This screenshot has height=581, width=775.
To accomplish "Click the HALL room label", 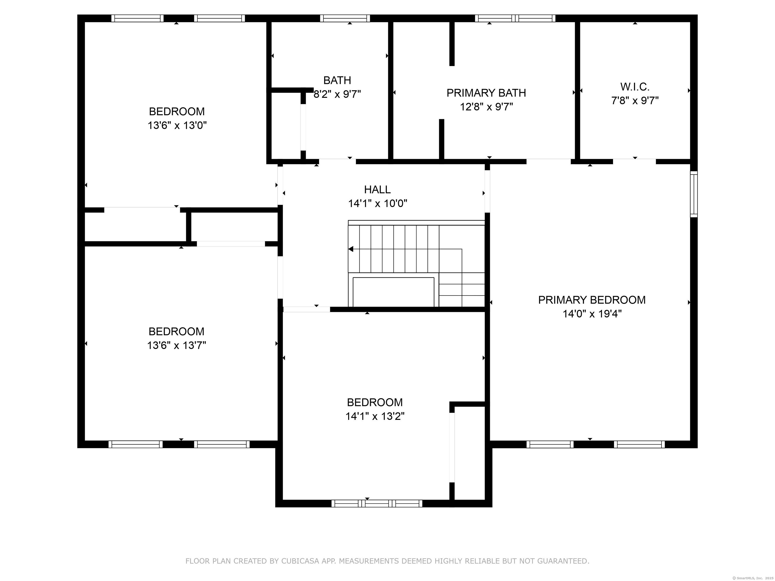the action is pos(377,189).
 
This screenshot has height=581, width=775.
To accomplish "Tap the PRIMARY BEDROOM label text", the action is pos(592,300).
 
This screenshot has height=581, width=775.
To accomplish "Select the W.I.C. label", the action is pos(635,86).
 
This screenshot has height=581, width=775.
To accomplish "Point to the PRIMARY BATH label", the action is pos(486,93).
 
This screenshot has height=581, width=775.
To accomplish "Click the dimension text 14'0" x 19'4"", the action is pos(592,314).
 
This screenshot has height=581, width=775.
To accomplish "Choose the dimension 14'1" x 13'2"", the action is pos(375,416).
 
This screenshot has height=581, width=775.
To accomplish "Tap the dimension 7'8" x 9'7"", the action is pos(635,101).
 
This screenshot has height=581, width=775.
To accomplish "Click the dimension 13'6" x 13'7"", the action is pos(177,345).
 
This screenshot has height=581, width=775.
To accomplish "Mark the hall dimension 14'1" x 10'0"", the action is pos(378,204).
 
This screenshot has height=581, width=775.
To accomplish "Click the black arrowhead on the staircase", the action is pos(351,249).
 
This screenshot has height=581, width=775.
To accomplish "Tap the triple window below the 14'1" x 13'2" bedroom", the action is pos(377,504).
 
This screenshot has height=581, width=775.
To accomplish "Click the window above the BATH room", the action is pos(345,18).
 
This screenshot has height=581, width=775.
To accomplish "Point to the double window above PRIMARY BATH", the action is pos(515,18).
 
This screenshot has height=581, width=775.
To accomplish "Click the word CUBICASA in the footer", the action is pos(300,561).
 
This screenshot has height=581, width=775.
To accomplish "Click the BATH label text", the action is pos(337,80).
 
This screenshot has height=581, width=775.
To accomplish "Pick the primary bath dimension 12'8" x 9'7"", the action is pos(486,107).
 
